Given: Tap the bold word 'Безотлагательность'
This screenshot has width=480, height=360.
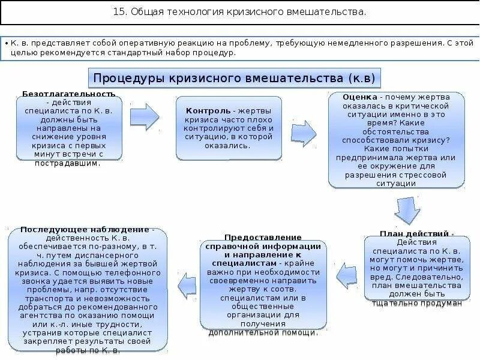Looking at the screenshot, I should (68, 94).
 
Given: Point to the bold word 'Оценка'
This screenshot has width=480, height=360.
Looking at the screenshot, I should (361, 97).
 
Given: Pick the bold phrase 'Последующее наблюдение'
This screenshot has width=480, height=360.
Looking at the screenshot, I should (84, 229).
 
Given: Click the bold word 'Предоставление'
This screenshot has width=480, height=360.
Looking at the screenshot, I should (263, 238).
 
